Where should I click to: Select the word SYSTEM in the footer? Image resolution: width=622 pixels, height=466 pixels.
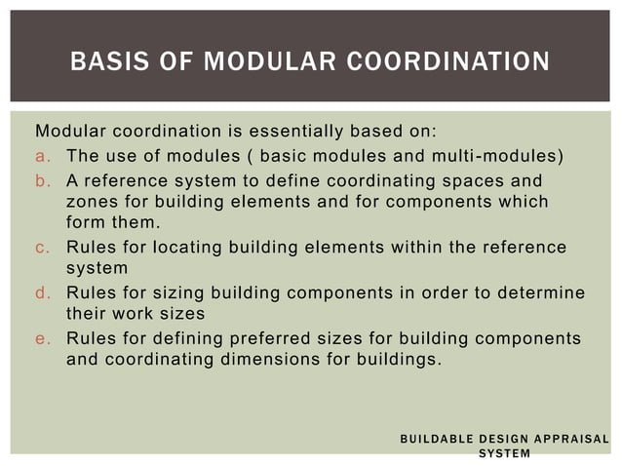click(504, 453)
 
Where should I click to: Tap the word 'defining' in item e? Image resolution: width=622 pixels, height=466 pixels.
click(183, 337)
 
